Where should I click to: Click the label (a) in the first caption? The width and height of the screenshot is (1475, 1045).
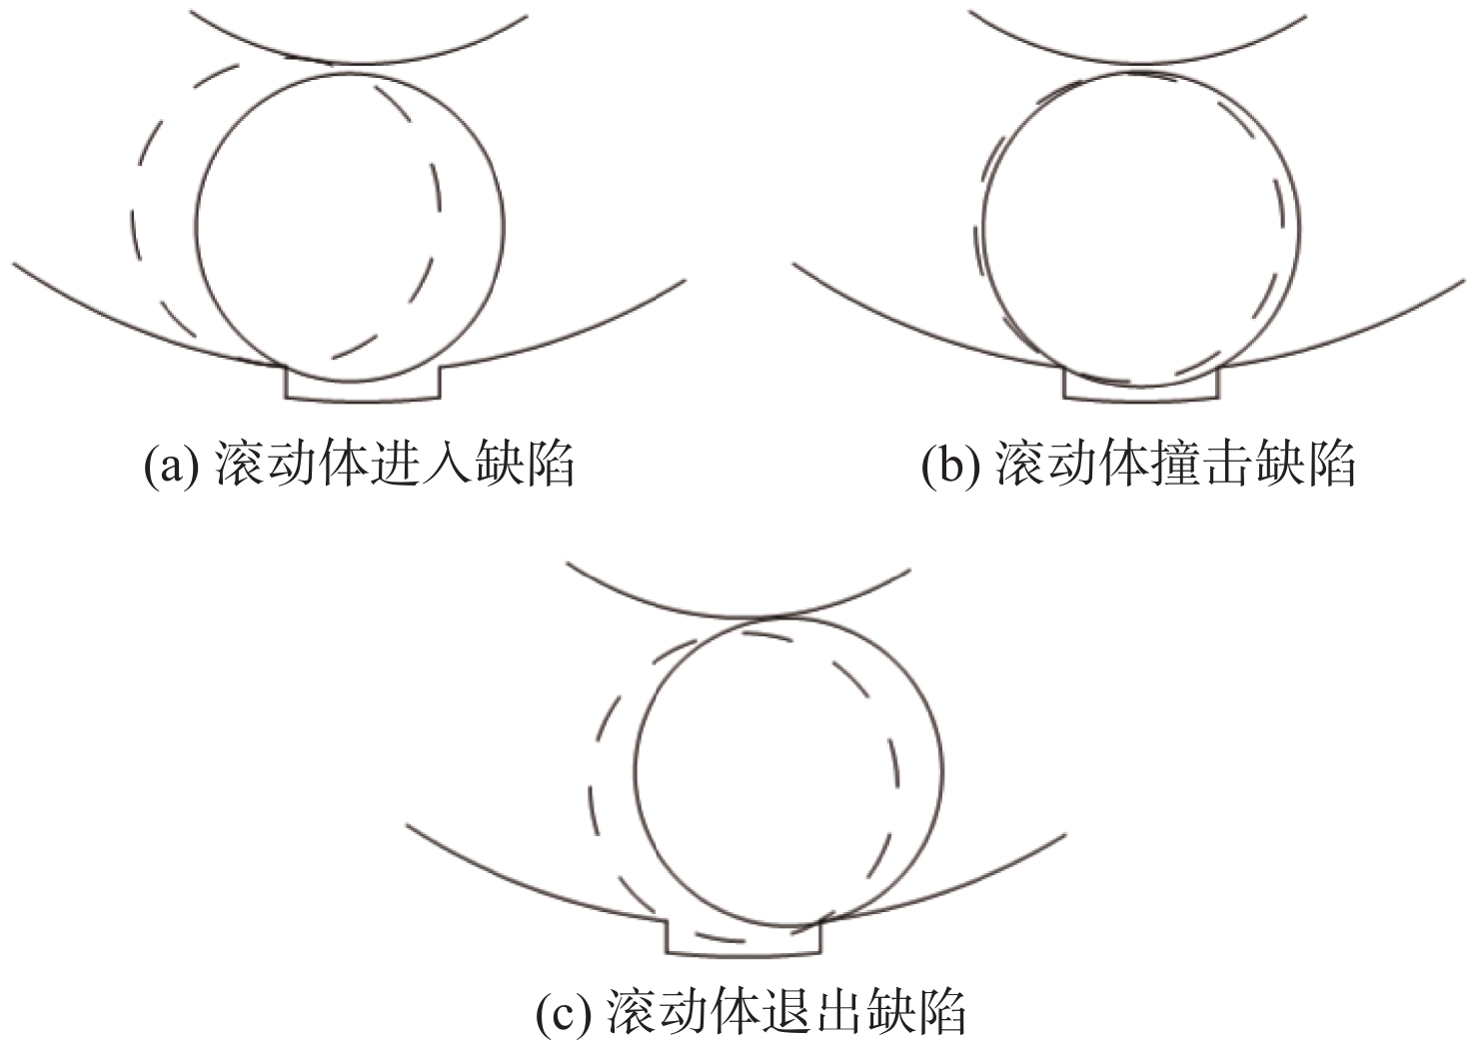coord(172,466)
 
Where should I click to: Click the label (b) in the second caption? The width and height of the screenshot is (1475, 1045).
coord(949,466)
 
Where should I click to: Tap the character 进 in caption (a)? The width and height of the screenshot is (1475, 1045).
coord(395,465)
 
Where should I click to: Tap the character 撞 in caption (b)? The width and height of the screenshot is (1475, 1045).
coord(1176,465)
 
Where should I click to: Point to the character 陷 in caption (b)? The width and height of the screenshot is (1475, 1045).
coord(1330,465)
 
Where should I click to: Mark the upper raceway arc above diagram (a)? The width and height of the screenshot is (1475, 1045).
coord(359,64)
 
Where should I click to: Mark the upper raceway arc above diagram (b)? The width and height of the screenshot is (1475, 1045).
coord(1137,64)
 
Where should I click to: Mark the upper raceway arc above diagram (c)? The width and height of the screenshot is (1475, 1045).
coord(737,617)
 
